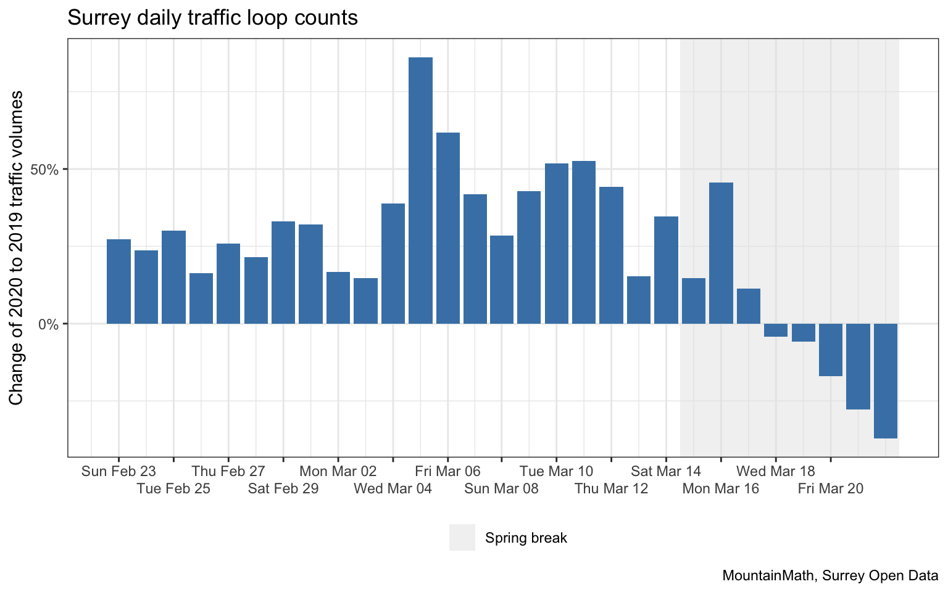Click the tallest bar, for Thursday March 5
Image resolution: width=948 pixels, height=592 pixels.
(420, 191)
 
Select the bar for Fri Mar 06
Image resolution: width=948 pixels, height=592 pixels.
(448, 228)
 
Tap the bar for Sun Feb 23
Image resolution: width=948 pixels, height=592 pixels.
(118, 281)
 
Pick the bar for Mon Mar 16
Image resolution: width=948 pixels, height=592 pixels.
(721, 253)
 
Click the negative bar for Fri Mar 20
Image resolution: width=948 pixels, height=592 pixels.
(830, 350)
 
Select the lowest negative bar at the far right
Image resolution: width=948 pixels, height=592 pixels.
(885, 380)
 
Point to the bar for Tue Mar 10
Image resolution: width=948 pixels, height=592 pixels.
(557, 244)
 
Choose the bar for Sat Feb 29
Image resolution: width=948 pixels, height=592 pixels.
(283, 272)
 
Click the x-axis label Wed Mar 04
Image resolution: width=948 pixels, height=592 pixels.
(393, 489)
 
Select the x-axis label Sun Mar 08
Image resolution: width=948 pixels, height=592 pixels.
(501, 489)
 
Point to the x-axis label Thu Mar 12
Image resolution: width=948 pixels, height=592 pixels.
(611, 489)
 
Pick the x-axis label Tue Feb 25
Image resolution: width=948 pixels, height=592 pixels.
(173, 489)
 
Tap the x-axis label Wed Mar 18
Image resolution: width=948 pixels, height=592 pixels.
(775, 472)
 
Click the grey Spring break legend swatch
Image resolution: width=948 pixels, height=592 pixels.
(462, 537)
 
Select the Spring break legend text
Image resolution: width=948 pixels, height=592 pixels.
(526, 538)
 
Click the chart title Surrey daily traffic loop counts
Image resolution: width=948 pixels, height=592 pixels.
(212, 17)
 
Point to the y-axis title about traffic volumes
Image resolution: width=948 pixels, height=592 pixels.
(17, 248)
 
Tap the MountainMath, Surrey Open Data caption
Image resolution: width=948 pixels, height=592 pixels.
(830, 576)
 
